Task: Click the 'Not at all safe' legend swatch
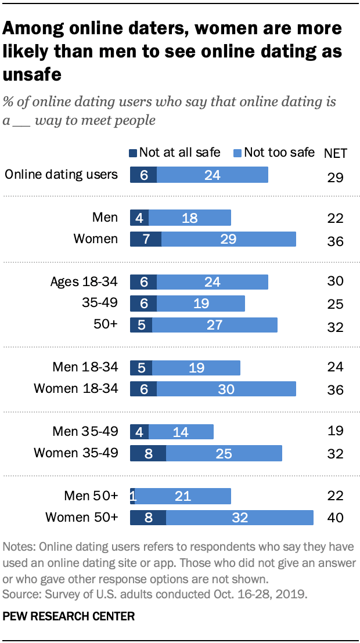coord(133,153)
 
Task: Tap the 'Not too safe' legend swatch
coord(237,153)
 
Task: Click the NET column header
coord(335,153)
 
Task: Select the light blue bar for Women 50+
coord(239,517)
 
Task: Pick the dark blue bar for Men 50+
coord(132,496)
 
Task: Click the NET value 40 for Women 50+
coord(335,518)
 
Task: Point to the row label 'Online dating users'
coord(61,174)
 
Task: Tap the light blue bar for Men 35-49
coord(181,432)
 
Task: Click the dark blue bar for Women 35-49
coord(148,453)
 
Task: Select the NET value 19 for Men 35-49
coord(335,431)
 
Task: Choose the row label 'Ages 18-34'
coord(84,282)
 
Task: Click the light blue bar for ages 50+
coord(214,324)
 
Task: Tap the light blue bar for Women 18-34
coord(226,389)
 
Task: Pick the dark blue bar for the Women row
coord(146,239)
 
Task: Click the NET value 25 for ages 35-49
coord(335,304)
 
